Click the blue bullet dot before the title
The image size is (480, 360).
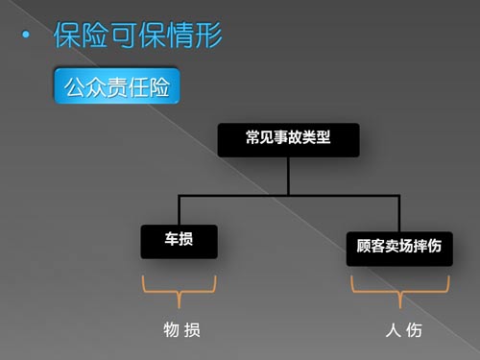[26, 35]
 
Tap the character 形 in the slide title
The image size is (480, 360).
[208, 35]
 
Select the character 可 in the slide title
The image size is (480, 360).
[122, 35]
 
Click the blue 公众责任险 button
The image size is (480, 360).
[117, 85]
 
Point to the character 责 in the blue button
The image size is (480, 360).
[117, 87]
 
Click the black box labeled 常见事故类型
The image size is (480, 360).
[288, 140]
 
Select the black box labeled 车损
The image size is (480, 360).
[179, 242]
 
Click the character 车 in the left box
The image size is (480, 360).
[172, 239]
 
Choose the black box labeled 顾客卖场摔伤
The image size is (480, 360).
[399, 249]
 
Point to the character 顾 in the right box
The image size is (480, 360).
[364, 246]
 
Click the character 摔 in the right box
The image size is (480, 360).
[420, 246]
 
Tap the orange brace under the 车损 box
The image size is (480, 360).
[179, 291]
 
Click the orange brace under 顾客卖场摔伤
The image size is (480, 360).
[400, 292]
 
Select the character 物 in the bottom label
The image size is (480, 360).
[172, 330]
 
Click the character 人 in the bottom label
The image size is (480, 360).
[394, 330]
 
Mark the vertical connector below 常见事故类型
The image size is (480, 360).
[288, 176]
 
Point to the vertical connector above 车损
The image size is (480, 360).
[179, 210]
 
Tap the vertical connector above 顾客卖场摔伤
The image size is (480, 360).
[399, 213]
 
